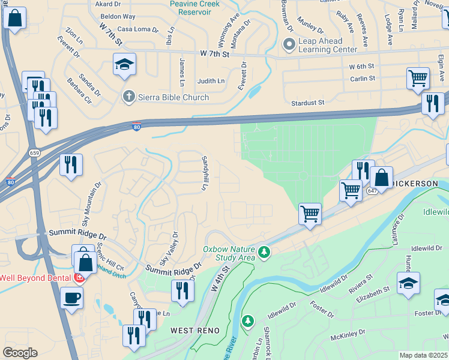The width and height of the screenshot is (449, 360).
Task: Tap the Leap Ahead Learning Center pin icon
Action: tap(289, 44)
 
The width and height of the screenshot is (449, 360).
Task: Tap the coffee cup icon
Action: tap(72, 298)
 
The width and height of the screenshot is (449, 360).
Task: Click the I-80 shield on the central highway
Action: tap(137, 126)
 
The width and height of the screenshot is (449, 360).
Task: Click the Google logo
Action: tap(20, 353)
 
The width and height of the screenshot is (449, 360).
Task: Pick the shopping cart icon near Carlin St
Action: tap(418, 77)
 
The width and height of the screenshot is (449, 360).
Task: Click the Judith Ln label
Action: tap(211, 81)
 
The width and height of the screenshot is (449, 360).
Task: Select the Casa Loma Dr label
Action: tap(137, 29)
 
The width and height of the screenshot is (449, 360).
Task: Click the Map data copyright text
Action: tap(424, 355)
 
